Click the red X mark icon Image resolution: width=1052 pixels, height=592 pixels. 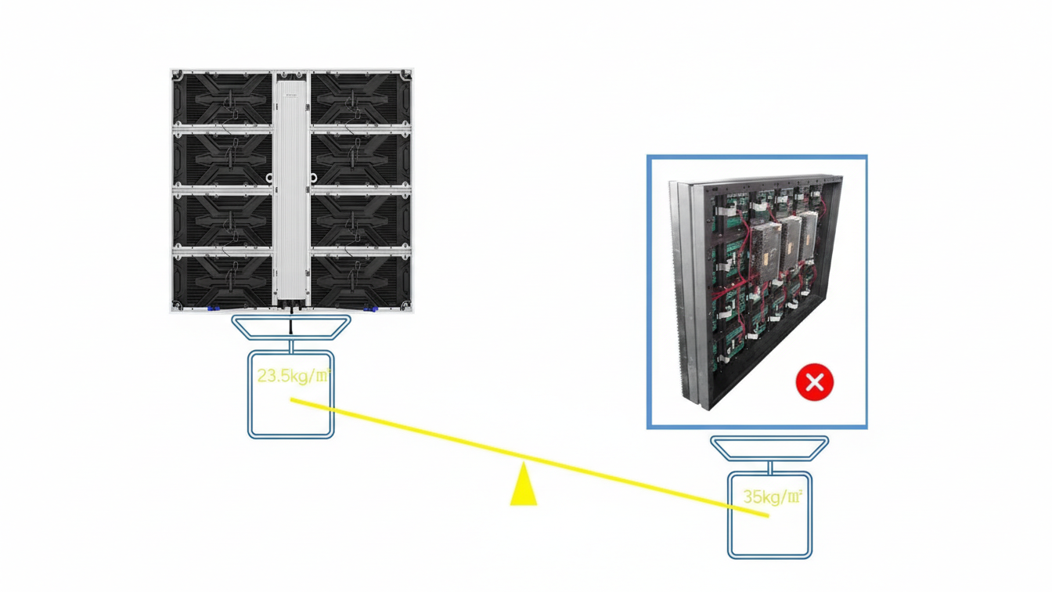[x=814, y=382]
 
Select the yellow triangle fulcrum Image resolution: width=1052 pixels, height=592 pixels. [x=523, y=486]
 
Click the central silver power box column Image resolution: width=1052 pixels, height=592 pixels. [x=291, y=188]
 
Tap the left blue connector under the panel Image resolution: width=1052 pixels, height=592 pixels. [x=213, y=309]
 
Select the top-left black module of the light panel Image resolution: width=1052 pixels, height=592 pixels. [x=222, y=98]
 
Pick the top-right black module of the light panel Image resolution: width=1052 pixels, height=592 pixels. [x=360, y=98]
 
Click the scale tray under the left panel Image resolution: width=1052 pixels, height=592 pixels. [x=291, y=327]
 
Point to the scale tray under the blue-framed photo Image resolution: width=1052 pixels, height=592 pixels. [x=769, y=448]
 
